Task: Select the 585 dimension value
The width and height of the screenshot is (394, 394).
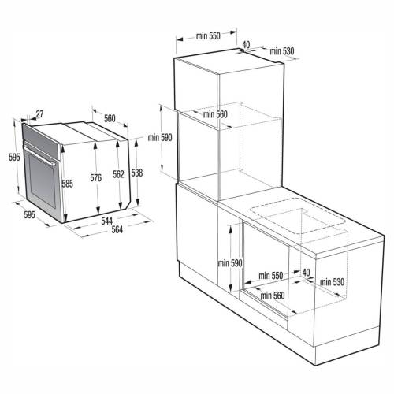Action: click(68, 184)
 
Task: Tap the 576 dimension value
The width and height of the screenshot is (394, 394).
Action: click(96, 179)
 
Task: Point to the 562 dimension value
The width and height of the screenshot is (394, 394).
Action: click(117, 175)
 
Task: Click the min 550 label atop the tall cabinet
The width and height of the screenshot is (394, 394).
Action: click(207, 35)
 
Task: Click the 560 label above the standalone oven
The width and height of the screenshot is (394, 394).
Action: click(110, 118)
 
